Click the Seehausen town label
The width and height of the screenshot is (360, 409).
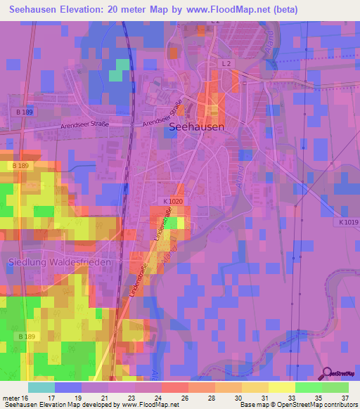point(197,127)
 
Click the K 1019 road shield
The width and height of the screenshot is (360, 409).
point(347,222)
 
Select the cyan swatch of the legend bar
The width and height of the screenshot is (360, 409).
point(41,387)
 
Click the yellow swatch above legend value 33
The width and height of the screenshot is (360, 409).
point(282,387)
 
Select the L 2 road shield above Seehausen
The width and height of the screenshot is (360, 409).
point(226,64)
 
